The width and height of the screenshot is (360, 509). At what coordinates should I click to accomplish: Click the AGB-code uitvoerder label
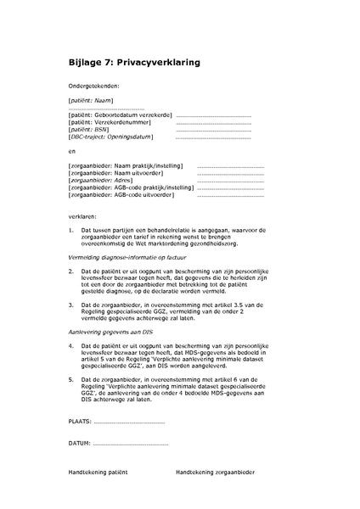pos(121,195)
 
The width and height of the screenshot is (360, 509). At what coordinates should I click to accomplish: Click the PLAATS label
pos(80,422)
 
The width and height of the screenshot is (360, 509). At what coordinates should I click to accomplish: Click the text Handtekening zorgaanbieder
pos(216,472)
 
